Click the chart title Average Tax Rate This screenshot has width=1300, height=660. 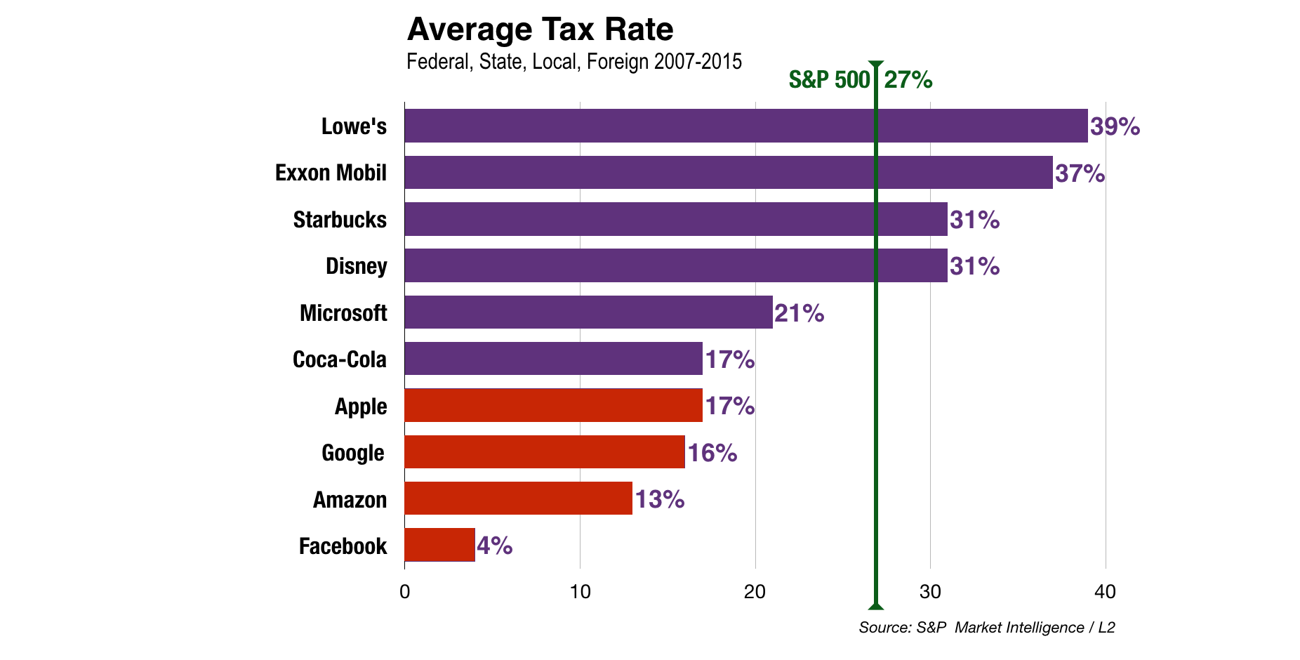click(x=540, y=29)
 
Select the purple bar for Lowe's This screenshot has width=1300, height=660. click(x=745, y=126)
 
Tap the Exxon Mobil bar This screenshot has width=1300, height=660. click(x=728, y=172)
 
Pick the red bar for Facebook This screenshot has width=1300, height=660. click(x=439, y=545)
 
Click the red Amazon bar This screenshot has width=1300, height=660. click(x=518, y=499)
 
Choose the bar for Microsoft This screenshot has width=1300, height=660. click(x=588, y=312)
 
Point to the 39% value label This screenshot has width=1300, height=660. click(x=1115, y=126)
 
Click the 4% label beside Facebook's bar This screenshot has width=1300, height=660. click(x=494, y=546)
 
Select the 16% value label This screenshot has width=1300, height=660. click(x=712, y=453)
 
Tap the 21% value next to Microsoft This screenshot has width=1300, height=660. click(x=799, y=313)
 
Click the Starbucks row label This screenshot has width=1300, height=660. click(x=340, y=220)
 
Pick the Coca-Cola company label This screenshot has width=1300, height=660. click(x=340, y=359)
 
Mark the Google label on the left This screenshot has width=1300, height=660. click(x=352, y=453)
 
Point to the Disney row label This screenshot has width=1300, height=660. click(x=356, y=266)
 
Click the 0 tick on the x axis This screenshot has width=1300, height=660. click(x=404, y=592)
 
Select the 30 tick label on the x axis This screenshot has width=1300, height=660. click(x=930, y=592)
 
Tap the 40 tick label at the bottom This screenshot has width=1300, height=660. click(x=1105, y=592)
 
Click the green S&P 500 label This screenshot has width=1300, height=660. click(x=829, y=80)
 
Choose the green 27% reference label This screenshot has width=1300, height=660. click(x=908, y=80)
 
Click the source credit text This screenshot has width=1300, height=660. click(x=986, y=628)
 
